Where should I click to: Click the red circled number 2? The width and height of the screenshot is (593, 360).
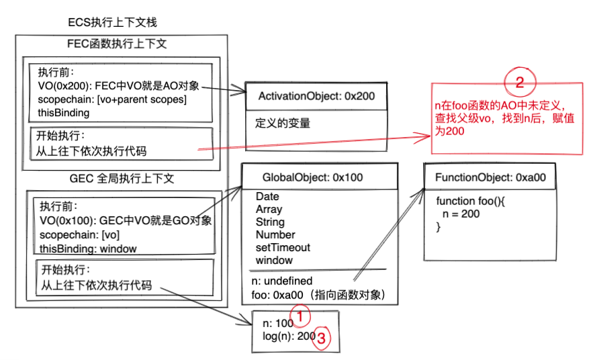click(x=518, y=83)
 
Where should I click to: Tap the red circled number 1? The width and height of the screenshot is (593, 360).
click(x=300, y=315)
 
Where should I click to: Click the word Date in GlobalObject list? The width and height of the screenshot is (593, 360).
click(x=267, y=197)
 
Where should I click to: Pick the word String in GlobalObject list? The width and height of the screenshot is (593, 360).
click(x=270, y=222)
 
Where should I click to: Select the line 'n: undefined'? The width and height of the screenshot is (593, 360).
click(x=281, y=281)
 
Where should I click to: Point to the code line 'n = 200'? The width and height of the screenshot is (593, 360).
click(x=460, y=214)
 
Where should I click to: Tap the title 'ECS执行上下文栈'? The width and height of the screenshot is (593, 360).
click(x=112, y=23)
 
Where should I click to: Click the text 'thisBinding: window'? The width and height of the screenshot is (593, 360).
click(x=88, y=249)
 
